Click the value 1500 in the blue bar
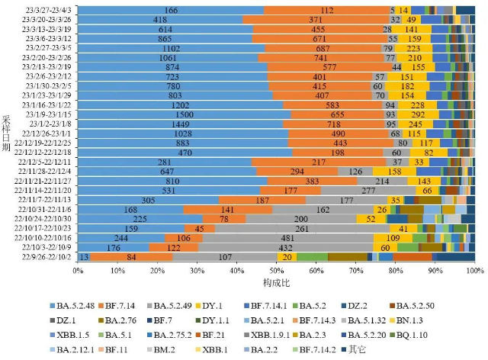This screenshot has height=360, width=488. pyautogui.click(x=175, y=114)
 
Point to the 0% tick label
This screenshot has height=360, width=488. pyautogui.click(x=78, y=270)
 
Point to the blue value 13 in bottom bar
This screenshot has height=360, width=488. pyautogui.click(x=83, y=257)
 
